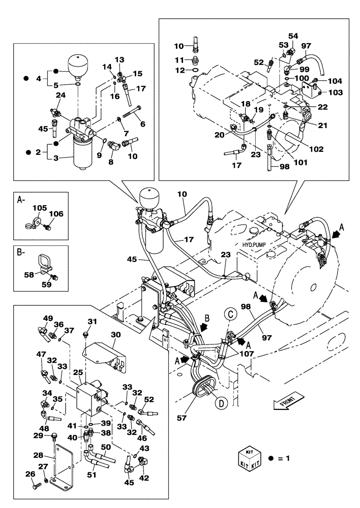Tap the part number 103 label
click(336, 92)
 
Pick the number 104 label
click(335, 81)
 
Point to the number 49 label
click(48, 319)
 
